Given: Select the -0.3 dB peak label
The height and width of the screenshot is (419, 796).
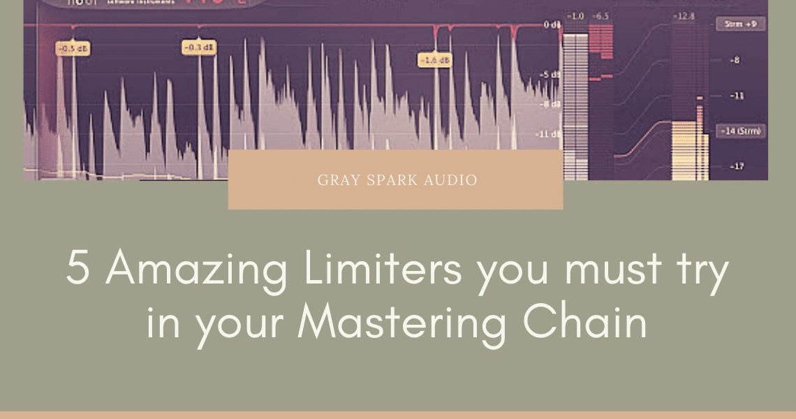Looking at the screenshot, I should [198, 47].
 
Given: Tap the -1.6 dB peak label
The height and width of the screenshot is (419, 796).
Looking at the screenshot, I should [435, 61].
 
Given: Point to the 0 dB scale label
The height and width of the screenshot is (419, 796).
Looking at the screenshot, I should [551, 25].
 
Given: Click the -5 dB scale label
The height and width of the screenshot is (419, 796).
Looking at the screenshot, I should [551, 74].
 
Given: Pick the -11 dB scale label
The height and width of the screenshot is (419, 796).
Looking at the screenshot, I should [550, 133].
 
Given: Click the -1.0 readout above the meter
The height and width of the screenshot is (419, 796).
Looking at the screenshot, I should [575, 15].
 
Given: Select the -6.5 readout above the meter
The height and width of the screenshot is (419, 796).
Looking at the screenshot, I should [600, 15].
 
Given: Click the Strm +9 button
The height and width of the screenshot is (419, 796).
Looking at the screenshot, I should [741, 24].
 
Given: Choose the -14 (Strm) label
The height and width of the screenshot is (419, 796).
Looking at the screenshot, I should [741, 131].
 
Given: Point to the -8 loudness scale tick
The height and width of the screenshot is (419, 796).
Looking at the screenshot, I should [735, 60].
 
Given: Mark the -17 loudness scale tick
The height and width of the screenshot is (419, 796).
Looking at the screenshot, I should [735, 166].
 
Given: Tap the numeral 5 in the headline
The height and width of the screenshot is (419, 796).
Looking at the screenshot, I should [79, 269].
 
